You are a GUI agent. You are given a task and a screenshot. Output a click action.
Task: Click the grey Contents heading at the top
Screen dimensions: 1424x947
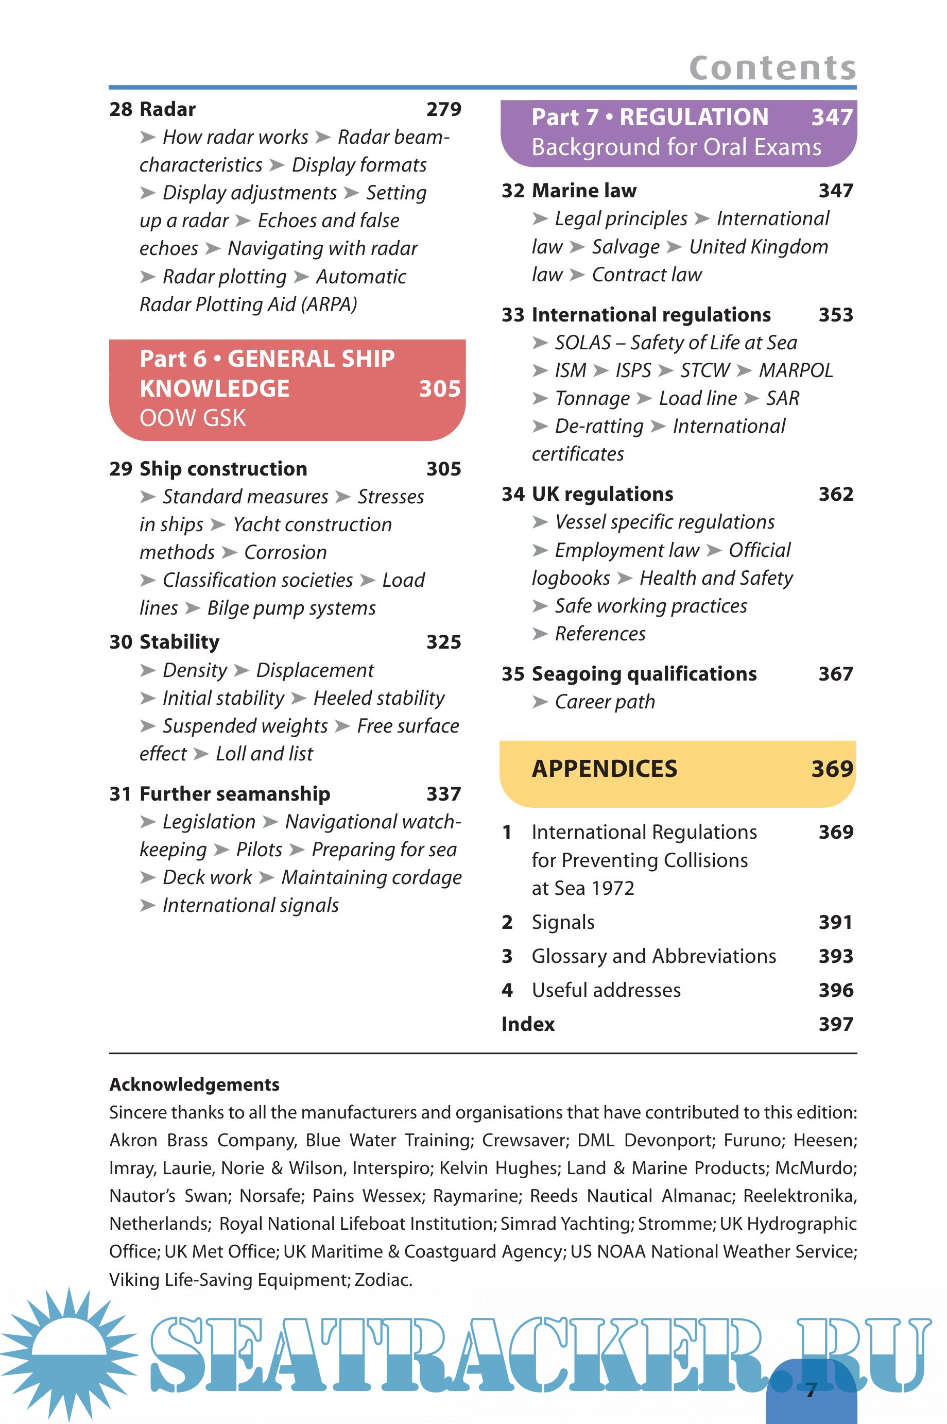(772, 67)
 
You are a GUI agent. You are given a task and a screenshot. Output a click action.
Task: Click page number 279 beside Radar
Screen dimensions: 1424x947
(443, 109)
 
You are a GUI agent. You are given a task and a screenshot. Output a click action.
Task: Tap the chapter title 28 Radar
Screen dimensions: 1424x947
(153, 109)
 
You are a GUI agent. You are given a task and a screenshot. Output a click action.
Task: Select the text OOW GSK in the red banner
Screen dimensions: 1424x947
(193, 418)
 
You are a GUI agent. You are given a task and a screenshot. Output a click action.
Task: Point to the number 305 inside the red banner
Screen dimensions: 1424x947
(440, 388)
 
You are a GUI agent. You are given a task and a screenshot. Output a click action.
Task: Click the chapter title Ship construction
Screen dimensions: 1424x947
(223, 469)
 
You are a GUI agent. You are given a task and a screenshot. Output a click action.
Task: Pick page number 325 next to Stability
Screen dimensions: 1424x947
(443, 641)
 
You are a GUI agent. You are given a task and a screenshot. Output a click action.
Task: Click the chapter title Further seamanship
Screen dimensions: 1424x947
(234, 794)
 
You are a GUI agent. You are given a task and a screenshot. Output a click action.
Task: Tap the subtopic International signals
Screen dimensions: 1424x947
(250, 905)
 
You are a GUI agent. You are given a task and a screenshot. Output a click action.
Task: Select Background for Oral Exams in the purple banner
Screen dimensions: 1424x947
(677, 147)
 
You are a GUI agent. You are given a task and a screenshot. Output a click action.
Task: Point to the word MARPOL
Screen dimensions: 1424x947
(796, 370)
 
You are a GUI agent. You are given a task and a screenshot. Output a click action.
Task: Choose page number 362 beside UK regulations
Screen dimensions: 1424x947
(836, 494)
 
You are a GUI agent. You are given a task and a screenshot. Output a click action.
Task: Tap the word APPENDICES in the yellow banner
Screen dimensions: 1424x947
(605, 769)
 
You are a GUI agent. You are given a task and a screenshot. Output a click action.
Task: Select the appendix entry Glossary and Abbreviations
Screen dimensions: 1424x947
(653, 956)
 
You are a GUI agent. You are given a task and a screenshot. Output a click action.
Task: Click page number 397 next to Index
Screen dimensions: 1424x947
(836, 1024)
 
